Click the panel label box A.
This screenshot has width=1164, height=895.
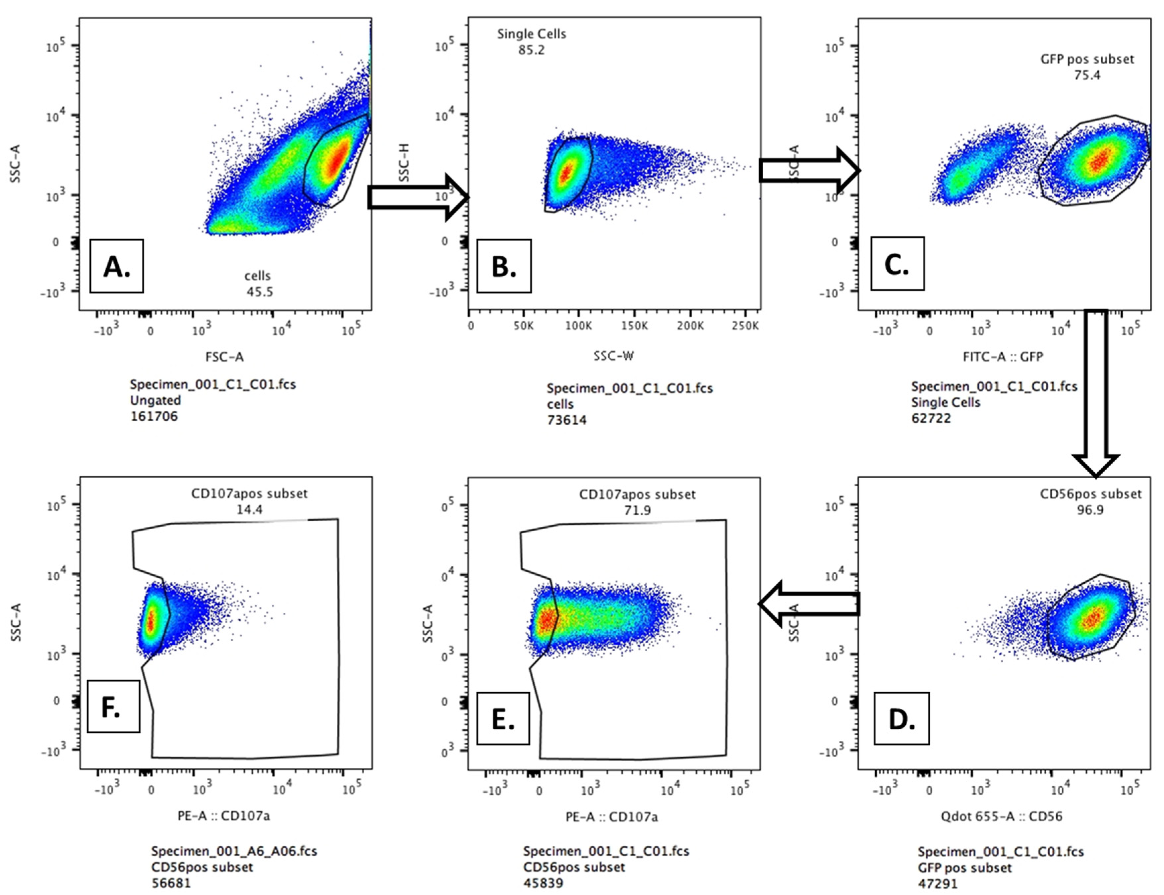point(116,266)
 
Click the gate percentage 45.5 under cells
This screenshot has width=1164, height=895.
point(260,292)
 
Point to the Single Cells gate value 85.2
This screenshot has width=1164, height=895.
point(531,50)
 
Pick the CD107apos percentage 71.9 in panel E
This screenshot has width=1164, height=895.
point(637,510)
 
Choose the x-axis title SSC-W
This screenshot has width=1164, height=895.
point(613,356)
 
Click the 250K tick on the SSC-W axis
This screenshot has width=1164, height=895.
point(744,326)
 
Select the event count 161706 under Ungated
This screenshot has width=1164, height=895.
point(154,416)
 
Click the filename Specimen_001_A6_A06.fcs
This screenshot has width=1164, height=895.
point(234,851)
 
